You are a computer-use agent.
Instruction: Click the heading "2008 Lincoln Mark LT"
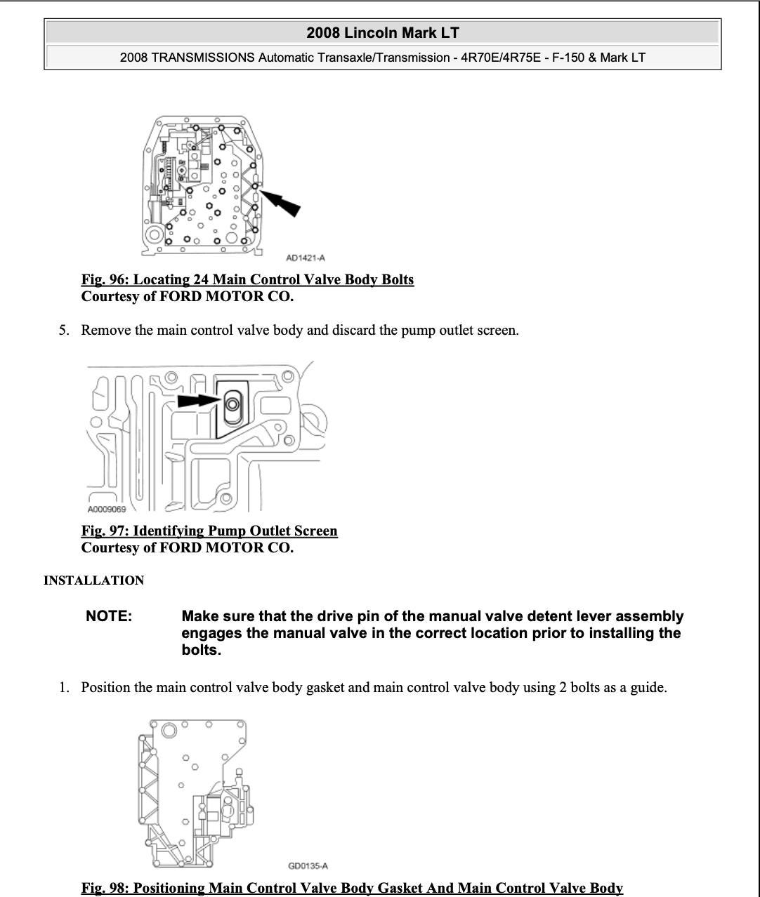(x=383, y=33)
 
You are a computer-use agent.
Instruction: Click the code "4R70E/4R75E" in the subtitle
(x=501, y=58)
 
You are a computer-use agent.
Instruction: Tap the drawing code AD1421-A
(x=306, y=258)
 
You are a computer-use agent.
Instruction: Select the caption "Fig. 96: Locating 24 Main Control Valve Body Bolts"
(x=247, y=279)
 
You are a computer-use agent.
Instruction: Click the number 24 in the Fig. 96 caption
(x=201, y=279)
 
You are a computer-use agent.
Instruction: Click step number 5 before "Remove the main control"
(x=64, y=330)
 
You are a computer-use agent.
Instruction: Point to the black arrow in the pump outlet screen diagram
(x=197, y=400)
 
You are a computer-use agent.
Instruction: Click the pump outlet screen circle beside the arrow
(x=232, y=404)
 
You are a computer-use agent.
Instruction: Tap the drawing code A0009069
(x=107, y=509)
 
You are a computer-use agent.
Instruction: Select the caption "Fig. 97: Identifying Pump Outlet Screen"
(x=209, y=531)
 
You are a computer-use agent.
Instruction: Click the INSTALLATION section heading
(x=93, y=580)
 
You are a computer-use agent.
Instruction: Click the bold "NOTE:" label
(x=109, y=616)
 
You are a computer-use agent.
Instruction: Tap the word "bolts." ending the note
(x=201, y=650)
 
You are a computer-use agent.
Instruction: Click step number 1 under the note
(x=64, y=687)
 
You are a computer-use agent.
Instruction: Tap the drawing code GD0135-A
(x=308, y=865)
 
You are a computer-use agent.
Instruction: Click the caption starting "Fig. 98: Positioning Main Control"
(x=352, y=888)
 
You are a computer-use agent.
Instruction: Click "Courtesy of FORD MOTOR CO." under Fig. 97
(x=187, y=547)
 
